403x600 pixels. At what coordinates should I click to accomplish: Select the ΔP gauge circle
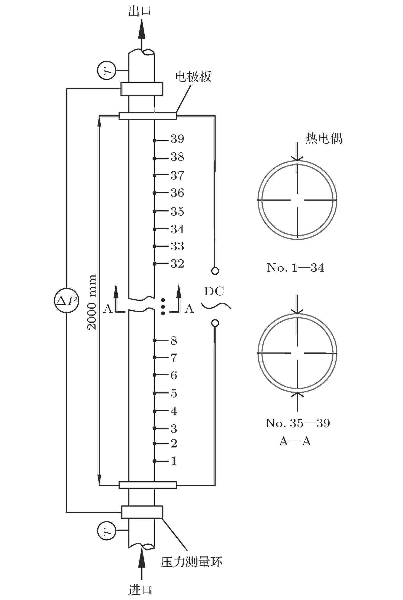(x=67, y=300)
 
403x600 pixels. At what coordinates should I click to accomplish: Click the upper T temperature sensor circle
(x=107, y=70)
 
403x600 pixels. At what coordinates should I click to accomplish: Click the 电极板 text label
(x=193, y=77)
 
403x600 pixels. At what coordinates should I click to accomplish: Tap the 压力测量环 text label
(x=191, y=562)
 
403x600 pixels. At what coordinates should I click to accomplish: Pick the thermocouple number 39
(x=177, y=139)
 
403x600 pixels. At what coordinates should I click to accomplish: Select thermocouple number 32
(x=177, y=264)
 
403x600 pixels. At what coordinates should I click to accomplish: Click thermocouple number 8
(x=174, y=341)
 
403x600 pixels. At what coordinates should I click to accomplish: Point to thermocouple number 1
(x=174, y=461)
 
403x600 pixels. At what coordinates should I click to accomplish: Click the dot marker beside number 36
(x=154, y=193)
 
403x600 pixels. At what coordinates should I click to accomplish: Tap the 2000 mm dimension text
(x=91, y=302)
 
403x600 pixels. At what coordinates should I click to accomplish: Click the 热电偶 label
(x=324, y=138)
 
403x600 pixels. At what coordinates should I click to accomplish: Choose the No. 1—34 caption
(x=295, y=268)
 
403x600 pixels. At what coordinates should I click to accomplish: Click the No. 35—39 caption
(x=298, y=423)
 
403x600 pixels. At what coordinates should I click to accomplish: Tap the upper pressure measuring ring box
(x=142, y=89)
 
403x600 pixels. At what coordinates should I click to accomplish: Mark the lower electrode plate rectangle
(x=148, y=485)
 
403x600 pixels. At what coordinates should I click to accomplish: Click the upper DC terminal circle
(x=215, y=271)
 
